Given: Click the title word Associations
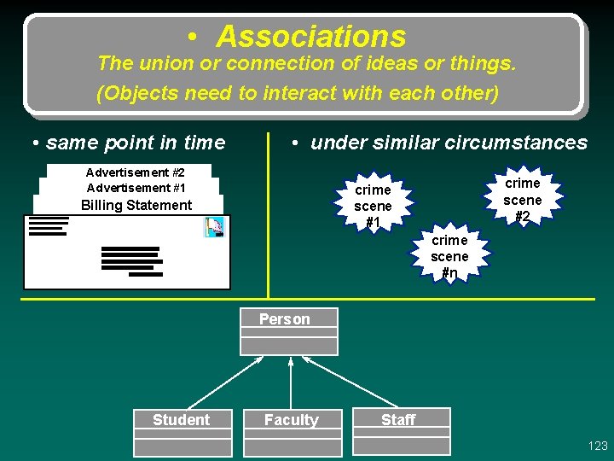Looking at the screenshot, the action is (311, 37).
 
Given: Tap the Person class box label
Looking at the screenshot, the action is (285, 319).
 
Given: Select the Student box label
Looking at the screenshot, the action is (181, 419).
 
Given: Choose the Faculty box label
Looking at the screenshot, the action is (291, 419).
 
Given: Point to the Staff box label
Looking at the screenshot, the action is (398, 419).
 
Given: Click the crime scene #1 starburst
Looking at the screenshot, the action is (373, 206).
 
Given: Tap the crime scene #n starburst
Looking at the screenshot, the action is (449, 256).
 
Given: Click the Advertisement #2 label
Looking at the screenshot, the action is (136, 172).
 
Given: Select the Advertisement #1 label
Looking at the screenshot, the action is (136, 188).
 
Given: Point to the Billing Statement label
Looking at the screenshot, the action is (136, 205).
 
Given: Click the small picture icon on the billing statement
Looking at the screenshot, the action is (213, 227).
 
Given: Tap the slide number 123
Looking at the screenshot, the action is (598, 446).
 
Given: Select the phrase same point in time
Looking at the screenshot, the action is (136, 143).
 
